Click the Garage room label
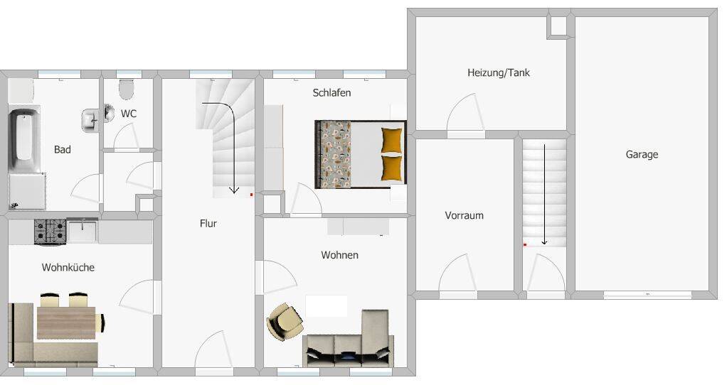(x=642, y=155)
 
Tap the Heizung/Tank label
(x=499, y=72)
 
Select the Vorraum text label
(x=464, y=215)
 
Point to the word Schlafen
(x=331, y=92)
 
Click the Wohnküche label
(x=68, y=267)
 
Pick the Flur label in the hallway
(x=208, y=224)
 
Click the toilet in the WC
(x=127, y=90)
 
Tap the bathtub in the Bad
(x=24, y=139)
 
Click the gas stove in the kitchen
(x=50, y=232)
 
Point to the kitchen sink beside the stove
(x=82, y=230)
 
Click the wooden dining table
(x=66, y=322)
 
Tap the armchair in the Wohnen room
(x=285, y=322)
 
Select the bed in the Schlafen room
(x=360, y=155)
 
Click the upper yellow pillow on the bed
(x=392, y=140)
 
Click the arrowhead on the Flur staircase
(x=233, y=190)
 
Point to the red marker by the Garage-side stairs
(x=525, y=245)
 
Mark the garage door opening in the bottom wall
(x=647, y=295)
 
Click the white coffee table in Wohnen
(x=327, y=306)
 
